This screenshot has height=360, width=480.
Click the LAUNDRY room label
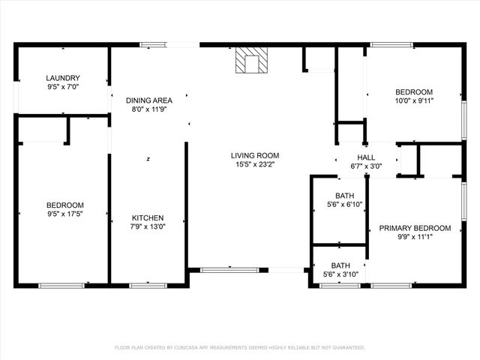63,78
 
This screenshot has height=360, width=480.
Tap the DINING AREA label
149,100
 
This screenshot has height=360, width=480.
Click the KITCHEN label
148,217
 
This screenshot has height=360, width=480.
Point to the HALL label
366,157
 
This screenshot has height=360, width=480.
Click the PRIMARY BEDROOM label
415,228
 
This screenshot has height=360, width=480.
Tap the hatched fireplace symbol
250,61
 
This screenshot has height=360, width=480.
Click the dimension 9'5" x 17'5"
64,214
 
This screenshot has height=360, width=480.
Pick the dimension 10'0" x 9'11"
415,100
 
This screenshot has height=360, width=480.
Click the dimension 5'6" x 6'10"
344,205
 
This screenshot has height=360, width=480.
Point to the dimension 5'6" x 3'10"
340,274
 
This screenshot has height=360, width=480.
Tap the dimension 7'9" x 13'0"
148,226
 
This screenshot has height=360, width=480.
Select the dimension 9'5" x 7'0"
63,87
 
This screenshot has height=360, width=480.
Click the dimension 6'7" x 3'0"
366,166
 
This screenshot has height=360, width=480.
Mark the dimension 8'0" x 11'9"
149,109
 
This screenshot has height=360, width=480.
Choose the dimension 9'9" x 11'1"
415,237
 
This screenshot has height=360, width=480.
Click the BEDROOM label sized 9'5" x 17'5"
64,205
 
